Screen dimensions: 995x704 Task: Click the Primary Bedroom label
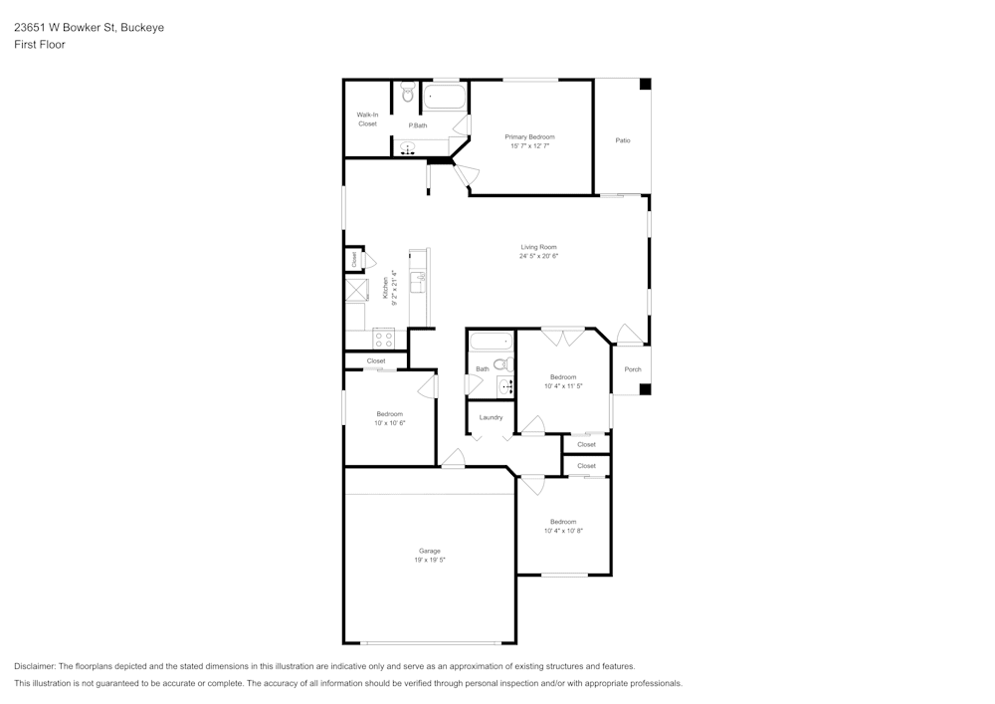point(530,136)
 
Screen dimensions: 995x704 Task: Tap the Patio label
point(623,140)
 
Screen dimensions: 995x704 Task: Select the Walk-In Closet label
point(367,119)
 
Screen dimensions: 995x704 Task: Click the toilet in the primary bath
point(407,94)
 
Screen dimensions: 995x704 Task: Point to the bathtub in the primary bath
point(444,98)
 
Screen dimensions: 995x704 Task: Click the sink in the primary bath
point(407,148)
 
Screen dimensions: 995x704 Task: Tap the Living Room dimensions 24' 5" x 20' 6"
point(538,256)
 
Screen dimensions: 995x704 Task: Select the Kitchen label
point(385,288)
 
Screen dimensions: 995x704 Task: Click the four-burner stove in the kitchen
point(383,339)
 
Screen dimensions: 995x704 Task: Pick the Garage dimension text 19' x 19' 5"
point(430,560)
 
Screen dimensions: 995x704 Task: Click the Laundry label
point(491,417)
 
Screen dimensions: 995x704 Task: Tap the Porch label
point(633,368)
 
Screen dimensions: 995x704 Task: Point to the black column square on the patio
point(645,84)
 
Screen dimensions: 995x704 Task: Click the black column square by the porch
point(645,388)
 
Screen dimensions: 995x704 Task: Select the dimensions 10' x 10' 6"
point(390,423)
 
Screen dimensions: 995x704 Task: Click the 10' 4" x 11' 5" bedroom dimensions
point(563,386)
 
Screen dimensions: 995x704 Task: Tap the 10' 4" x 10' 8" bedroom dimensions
point(563,531)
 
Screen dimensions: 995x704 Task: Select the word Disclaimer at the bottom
point(35,666)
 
